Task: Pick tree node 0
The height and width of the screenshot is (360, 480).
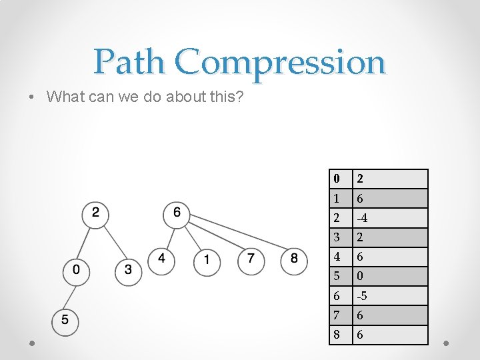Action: coord(77,271)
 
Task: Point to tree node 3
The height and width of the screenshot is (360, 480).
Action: coord(129,271)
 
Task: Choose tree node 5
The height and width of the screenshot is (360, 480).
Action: coord(65,320)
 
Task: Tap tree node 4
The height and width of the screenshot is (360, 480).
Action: coord(162,259)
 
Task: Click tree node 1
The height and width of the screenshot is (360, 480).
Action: coord(207,260)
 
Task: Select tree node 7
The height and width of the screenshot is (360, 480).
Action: coord(251,259)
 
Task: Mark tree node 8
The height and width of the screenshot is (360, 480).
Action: coord(294,259)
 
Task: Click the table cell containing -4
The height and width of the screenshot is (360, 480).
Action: coord(390,218)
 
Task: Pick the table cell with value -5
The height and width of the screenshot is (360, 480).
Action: coord(390,296)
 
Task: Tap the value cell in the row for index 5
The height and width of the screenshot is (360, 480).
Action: coord(390,276)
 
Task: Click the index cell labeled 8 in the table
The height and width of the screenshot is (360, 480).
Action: coord(341,335)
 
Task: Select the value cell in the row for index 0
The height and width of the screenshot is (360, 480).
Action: coord(390,179)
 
